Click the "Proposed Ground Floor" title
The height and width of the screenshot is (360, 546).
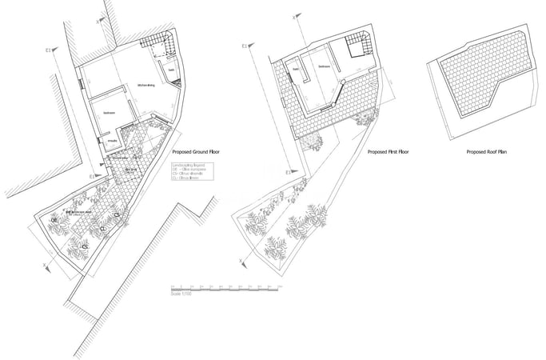[x=195, y=150]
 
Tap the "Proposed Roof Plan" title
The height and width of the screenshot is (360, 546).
[x=488, y=150]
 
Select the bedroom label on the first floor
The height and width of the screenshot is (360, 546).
[x=324, y=66]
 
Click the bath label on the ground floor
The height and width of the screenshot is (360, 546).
[x=170, y=69]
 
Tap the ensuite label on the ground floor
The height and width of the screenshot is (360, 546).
[x=113, y=140]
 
